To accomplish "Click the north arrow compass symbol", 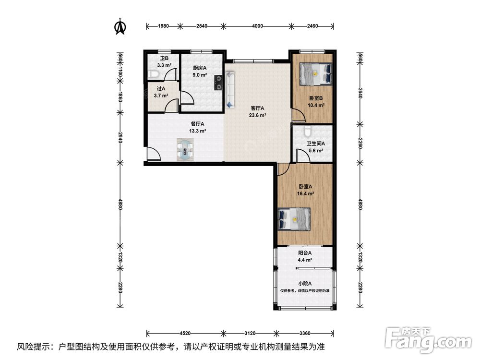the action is pos(120,26).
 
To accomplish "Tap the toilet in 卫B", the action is pos(154,74).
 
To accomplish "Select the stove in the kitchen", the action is pos(218,83).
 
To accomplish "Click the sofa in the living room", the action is pos(230,89).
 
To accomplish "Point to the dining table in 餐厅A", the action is pos(185,150).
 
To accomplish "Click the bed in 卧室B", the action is pos(316,74).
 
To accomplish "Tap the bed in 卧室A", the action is pos(294,219).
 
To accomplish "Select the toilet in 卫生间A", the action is pos(308,131).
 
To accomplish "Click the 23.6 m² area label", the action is pos(257,115).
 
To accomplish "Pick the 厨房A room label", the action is pos(200,68).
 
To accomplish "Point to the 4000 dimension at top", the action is pos(257,26).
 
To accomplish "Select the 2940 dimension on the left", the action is pos(120,139).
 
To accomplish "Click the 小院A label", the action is pos(305,284).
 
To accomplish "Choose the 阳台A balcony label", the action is pos(305,253).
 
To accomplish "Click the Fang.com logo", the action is pos(428,340).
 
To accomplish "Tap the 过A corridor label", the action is pos(161,88).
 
